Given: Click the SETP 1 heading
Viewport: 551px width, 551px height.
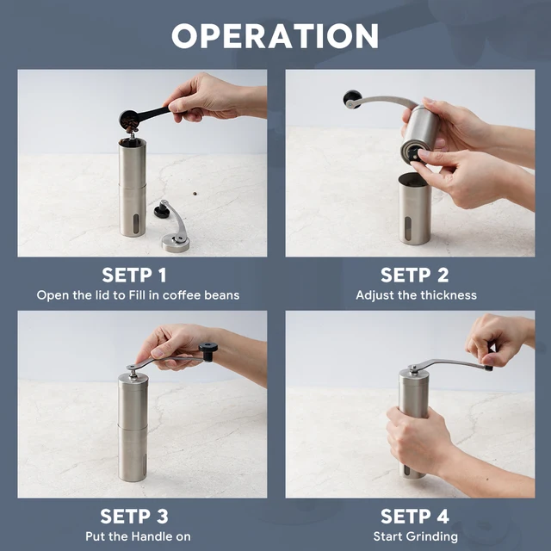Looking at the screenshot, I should click(x=138, y=275).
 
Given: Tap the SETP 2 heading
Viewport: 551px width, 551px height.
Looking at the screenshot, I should click(x=416, y=275).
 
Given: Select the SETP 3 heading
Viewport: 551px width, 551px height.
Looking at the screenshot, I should click(x=138, y=517).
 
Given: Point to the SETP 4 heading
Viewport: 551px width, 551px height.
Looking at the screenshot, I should click(x=416, y=517).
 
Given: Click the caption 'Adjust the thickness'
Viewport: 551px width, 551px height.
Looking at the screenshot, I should click(x=416, y=295).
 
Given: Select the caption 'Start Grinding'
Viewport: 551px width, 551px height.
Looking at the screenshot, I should click(x=416, y=537).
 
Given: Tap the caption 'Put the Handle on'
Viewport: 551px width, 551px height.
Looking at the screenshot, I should click(x=138, y=537).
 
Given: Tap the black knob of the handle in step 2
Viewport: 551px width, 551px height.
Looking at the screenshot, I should click(x=351, y=99).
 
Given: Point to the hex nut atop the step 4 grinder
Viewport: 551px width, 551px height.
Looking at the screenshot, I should click(x=412, y=369).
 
